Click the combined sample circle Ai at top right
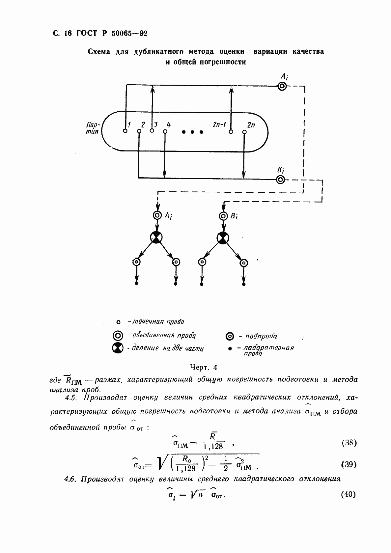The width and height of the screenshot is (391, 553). click(282, 86)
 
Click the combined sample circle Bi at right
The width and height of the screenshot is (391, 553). click(280, 180)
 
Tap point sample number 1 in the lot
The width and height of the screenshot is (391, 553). click(125, 131)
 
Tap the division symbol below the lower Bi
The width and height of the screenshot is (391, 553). click(223, 237)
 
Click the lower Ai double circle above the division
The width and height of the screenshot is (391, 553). click(157, 216)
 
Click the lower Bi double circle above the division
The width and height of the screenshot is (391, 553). click(223, 216)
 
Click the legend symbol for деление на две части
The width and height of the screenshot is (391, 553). click(118, 348)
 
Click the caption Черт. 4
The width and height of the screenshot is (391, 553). click(204, 367)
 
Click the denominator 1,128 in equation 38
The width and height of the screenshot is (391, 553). click(213, 447)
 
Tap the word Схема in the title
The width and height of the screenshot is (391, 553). click(99, 52)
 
